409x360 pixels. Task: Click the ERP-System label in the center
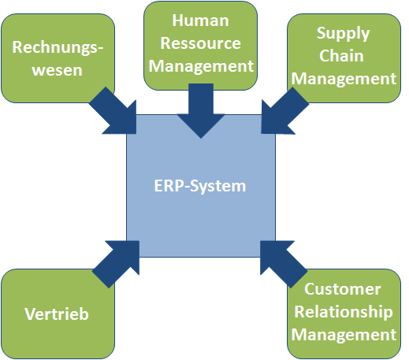pos(200,186)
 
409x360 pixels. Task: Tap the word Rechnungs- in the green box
pos(58,47)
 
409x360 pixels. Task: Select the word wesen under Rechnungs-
pos(58,70)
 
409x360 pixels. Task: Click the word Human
pos(200,20)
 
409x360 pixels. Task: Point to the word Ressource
pos(200,43)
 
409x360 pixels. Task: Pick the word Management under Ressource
pos(201,66)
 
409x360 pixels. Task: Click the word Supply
pos(343,34)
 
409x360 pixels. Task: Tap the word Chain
pos(341,56)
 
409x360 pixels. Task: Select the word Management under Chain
pos(344,79)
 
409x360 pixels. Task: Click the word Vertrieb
pos(57,314)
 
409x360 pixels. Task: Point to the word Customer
pos(343,289)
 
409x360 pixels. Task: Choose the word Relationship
pos(344,313)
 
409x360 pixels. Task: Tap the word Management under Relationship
pos(344,335)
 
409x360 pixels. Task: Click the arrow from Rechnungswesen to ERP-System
pos(116,113)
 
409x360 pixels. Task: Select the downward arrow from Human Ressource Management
pos(201,111)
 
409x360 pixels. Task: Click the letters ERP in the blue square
pos(169,186)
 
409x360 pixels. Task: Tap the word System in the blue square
pos(218,187)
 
